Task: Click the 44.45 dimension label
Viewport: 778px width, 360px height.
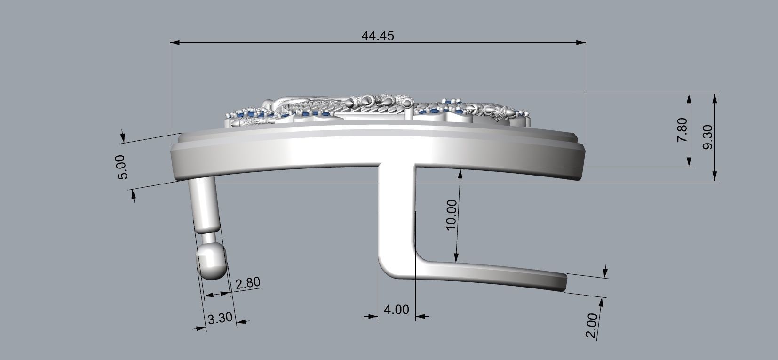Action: click(x=378, y=36)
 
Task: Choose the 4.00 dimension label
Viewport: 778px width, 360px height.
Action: click(x=396, y=310)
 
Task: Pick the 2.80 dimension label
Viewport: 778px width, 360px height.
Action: click(x=247, y=283)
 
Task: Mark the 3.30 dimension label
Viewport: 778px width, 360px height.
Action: click(x=220, y=318)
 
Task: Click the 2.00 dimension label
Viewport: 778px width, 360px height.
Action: click(x=592, y=326)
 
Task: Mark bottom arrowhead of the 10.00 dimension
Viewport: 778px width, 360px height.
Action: click(x=456, y=257)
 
